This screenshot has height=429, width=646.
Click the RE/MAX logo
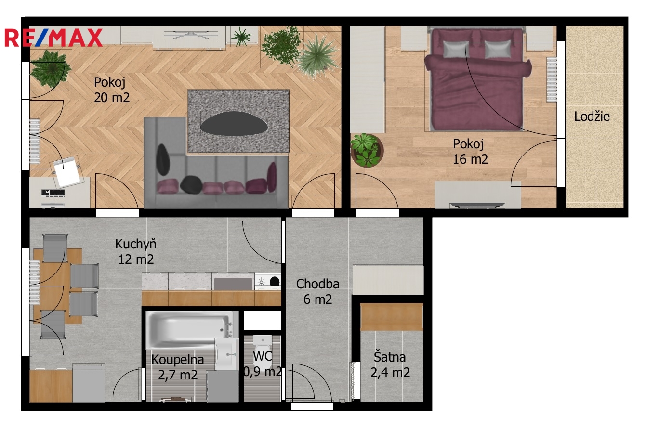(x=53, y=38)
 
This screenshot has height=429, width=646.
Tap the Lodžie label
(x=592, y=117)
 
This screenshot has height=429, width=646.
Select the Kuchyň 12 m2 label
(x=136, y=251)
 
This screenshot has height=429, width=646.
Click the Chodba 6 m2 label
(x=317, y=291)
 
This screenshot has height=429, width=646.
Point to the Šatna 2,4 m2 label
(x=390, y=364)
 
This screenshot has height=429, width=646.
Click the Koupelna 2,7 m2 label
(x=178, y=367)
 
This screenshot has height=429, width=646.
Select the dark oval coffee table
(x=234, y=123)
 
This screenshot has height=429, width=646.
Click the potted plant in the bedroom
(x=367, y=150)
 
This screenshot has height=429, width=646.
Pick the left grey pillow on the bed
(x=456, y=49)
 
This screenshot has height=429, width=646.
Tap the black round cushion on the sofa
(x=191, y=185)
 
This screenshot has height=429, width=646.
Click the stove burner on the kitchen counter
(x=262, y=282)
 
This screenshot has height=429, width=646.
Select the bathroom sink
(x=227, y=354)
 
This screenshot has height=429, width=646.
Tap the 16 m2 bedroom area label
(x=470, y=159)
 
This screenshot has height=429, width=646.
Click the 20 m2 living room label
(x=112, y=97)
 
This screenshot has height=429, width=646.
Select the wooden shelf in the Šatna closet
(x=392, y=317)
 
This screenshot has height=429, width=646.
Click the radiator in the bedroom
(x=552, y=79)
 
